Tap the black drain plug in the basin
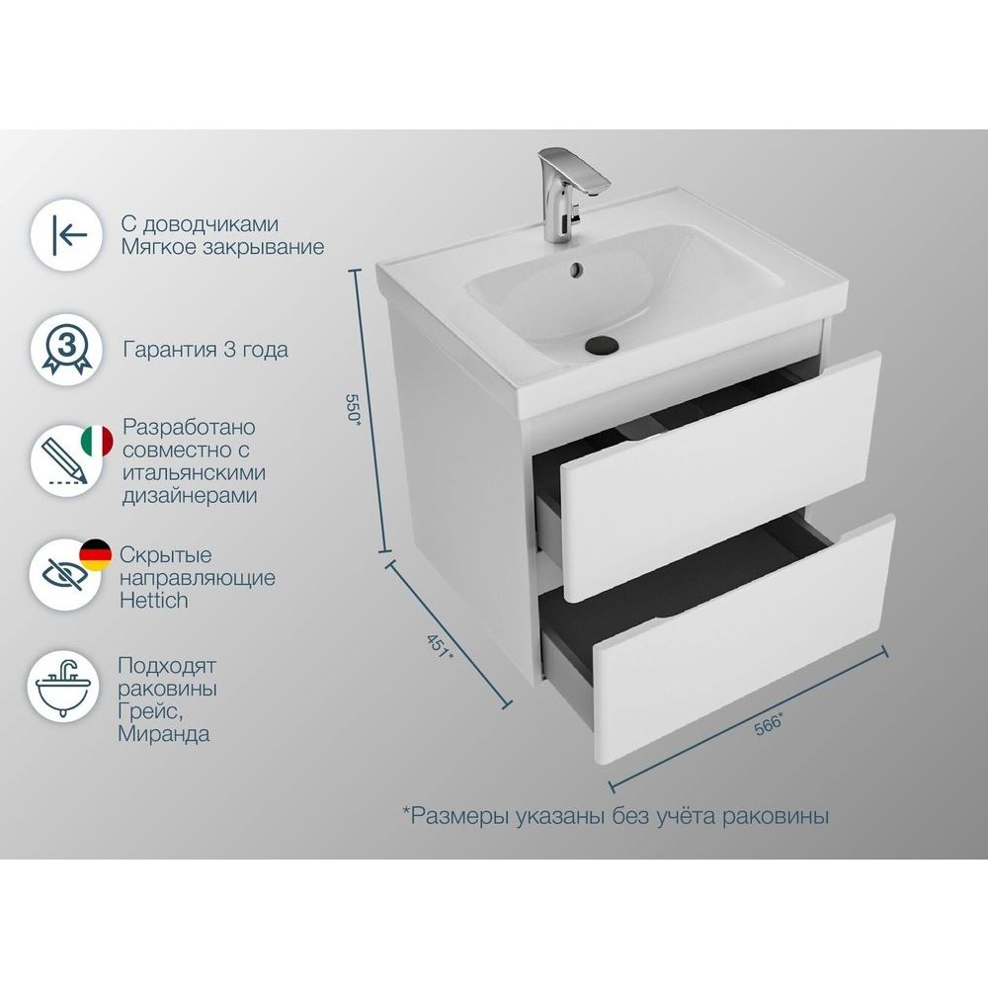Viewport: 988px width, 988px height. click(x=602, y=344)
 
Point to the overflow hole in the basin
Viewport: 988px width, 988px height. click(x=576, y=269)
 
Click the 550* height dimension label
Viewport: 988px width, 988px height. click(x=354, y=410)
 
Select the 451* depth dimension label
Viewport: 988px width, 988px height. click(x=440, y=646)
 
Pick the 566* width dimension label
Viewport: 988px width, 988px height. click(x=769, y=723)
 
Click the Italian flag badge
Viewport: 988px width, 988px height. click(x=97, y=441)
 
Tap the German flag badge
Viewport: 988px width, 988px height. click(x=95, y=555)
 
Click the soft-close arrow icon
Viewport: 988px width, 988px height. click(x=67, y=236)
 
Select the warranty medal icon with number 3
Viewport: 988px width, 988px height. click(x=67, y=349)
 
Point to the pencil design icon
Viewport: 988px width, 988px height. click(x=64, y=461)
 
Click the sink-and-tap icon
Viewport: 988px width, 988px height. click(x=63, y=688)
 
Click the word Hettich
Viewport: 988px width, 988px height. click(x=154, y=600)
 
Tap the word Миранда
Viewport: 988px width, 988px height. click(x=164, y=734)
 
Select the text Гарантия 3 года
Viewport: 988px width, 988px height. click(x=206, y=349)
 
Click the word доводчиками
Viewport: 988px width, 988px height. click(x=210, y=224)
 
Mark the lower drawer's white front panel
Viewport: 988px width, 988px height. click(x=744, y=639)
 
